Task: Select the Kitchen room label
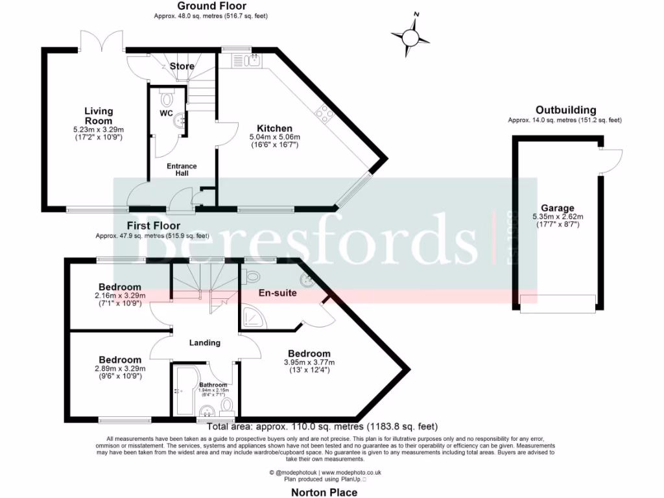pyautogui.click(x=274, y=128)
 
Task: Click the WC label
pyautogui.click(x=166, y=114)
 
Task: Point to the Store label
pyautogui.click(x=182, y=66)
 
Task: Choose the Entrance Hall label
pyautogui.click(x=182, y=170)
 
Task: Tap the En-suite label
pyautogui.click(x=278, y=293)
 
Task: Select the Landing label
pyautogui.click(x=205, y=342)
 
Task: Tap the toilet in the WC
pyautogui.click(x=167, y=99)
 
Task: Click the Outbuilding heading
pyautogui.click(x=565, y=110)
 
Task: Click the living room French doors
pyautogui.click(x=101, y=42)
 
